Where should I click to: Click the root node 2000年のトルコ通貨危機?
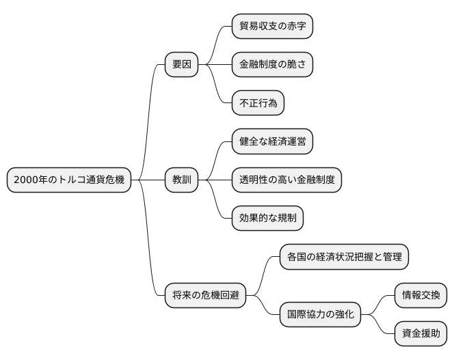(68, 180)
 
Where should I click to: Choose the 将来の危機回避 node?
(205, 296)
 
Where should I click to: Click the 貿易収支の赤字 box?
(272, 27)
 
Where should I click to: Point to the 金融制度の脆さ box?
(272, 66)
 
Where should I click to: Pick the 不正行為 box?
(258, 104)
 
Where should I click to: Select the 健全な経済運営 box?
(272, 142)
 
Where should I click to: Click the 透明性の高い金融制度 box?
(286, 180)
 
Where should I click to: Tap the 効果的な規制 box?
(267, 219)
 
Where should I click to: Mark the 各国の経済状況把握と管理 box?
(344, 257)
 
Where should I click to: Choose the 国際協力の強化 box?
(320, 315)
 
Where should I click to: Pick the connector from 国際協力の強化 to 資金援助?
(378, 324)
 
